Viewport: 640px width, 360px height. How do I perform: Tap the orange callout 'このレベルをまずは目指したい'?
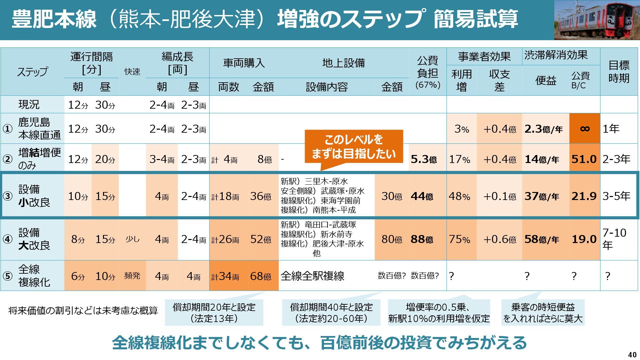(354, 147)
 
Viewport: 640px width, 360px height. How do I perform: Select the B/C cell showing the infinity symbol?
(585, 129)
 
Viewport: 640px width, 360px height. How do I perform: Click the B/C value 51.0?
(584, 159)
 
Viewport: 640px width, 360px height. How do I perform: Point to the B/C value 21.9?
(584, 196)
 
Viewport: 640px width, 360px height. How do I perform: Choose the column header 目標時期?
(619, 71)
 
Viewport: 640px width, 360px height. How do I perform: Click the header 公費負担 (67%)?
(428, 72)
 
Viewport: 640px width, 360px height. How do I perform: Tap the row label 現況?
(29, 105)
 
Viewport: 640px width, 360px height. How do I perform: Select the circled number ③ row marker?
(7, 196)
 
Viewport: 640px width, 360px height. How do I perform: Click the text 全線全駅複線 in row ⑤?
(312, 276)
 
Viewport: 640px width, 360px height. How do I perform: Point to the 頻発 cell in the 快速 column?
(132, 276)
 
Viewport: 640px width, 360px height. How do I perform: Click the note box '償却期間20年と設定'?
(214, 312)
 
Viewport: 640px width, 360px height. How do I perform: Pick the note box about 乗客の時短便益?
(543, 312)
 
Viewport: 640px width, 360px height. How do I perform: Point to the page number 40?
(632, 354)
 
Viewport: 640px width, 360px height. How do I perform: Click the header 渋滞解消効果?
(556, 55)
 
